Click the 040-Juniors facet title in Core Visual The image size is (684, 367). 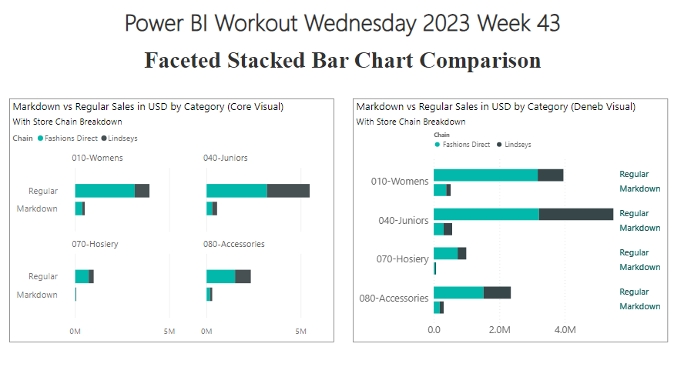225,158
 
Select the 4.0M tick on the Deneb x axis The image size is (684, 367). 565,330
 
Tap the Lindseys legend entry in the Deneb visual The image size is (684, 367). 514,145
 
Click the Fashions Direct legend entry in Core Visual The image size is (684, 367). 68,138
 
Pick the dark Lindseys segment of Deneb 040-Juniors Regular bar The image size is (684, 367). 576,214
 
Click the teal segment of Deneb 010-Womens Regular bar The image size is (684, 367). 485,175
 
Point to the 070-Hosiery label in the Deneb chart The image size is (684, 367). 402,259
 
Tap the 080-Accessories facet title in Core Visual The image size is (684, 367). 234,244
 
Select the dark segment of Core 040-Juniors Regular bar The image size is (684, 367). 288,191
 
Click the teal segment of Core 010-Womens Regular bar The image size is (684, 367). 105,191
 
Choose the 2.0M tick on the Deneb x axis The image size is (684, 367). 499,330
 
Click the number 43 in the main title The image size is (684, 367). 548,23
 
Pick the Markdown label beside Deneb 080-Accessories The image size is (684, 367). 640,306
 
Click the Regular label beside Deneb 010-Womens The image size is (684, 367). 634,174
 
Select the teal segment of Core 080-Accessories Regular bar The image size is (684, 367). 221,277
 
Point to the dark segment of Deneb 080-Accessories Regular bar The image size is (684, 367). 497,292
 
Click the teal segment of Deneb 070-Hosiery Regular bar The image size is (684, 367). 445,253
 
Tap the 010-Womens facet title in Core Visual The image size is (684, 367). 97,158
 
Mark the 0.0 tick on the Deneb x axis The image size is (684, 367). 434,330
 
